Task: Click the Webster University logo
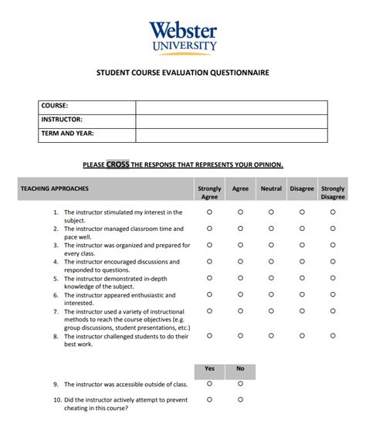click(x=182, y=37)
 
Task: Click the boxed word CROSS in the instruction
click(x=118, y=164)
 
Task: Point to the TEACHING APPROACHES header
click(x=55, y=188)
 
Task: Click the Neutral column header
click(x=271, y=188)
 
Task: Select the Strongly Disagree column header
click(x=333, y=192)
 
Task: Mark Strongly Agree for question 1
click(x=209, y=211)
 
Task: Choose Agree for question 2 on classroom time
click(x=240, y=228)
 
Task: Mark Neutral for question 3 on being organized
click(x=271, y=244)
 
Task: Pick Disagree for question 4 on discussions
click(x=302, y=261)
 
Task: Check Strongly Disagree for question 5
click(x=333, y=277)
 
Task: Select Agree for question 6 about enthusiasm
click(x=240, y=294)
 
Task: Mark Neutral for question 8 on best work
click(x=271, y=336)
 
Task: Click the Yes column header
click(x=209, y=368)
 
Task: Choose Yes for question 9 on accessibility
click(x=209, y=383)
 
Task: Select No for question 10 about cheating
click(x=240, y=399)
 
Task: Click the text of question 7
click(x=127, y=319)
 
